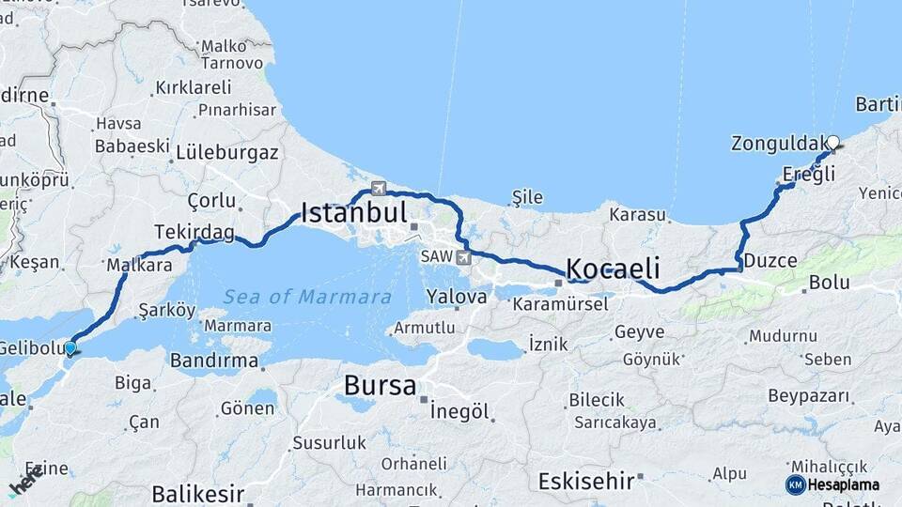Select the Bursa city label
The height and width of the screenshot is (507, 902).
click(380, 385)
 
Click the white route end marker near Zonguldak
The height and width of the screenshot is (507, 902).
click(832, 144)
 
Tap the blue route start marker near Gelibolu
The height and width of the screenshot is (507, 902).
click(70, 348)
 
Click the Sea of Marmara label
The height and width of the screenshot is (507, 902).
click(307, 297)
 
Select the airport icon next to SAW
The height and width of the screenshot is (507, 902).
click(463, 256)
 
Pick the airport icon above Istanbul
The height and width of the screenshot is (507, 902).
click(379, 187)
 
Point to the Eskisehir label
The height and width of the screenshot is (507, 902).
click(585, 482)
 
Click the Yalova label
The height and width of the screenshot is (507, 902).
click(457, 297)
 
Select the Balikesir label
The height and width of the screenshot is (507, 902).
click(197, 493)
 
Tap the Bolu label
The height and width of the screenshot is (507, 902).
click(830, 282)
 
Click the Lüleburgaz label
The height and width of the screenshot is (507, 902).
click(226, 151)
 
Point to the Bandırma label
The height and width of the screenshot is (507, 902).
click(213, 360)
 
